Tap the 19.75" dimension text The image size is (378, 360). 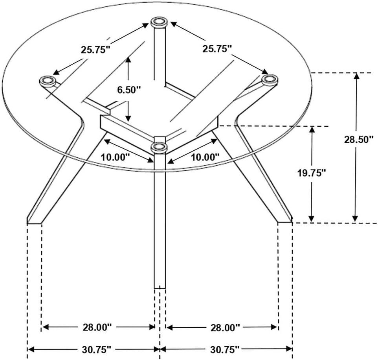pyautogui.click(x=312, y=172)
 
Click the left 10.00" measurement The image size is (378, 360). pyautogui.click(x=115, y=157)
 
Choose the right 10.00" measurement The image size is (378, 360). pyautogui.click(x=205, y=157)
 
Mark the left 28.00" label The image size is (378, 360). pyautogui.click(x=97, y=327)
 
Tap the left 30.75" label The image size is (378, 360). pyautogui.click(x=96, y=349)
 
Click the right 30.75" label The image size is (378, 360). pyautogui.click(x=224, y=349)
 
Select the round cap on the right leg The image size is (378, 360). pyautogui.click(x=270, y=80)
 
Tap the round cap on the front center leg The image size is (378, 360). pyautogui.click(x=159, y=147)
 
